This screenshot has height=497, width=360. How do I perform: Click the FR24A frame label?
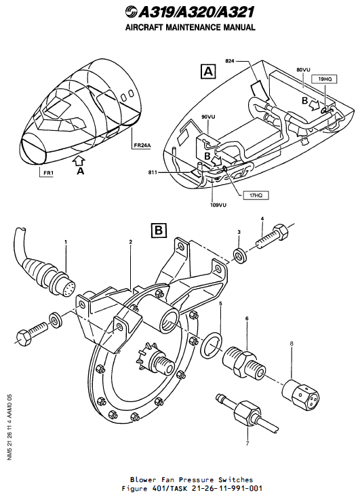tap(141, 144)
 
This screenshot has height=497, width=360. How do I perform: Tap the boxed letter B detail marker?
tap(159, 230)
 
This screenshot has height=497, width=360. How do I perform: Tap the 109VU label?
tap(218, 204)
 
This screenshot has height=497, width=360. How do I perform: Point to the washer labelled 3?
tap(241, 256)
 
